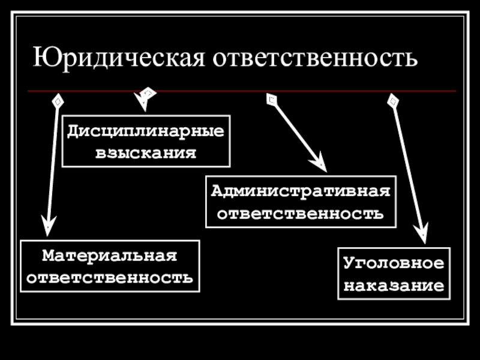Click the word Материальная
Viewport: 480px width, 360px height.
110,256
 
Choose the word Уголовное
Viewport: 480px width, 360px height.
394,263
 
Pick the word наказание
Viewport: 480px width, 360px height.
394,285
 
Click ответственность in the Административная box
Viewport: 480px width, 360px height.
301,213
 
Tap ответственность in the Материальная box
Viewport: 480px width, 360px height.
110,278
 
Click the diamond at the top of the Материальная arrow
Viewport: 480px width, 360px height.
57,101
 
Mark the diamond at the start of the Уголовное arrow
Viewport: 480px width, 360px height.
393,100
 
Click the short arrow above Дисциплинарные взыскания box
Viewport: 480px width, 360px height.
146,97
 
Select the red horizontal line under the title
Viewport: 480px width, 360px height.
240,91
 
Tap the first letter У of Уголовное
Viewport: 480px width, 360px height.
349,263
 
